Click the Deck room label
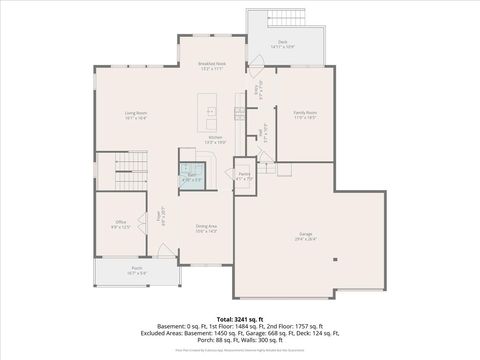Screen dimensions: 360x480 pyautogui.click(x=282, y=42)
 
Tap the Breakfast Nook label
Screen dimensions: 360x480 pyautogui.click(x=210, y=65)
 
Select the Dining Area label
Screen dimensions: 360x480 pyautogui.click(x=206, y=227)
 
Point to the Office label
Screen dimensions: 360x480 pyautogui.click(x=120, y=225)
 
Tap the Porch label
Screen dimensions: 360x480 pyautogui.click(x=137, y=268)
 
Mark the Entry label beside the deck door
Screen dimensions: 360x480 pyautogui.click(x=257, y=87)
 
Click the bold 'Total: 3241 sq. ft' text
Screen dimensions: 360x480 pyautogui.click(x=240, y=319)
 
